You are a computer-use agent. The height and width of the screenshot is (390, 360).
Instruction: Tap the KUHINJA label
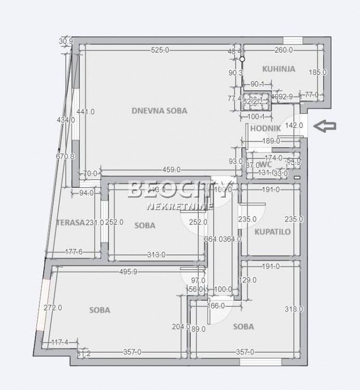[x=278, y=69]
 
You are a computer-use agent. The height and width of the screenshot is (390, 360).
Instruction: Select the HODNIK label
[x=262, y=128]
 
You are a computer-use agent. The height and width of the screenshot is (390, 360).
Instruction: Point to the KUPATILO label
[x=272, y=232]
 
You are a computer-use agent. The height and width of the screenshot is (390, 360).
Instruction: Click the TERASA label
[x=70, y=222]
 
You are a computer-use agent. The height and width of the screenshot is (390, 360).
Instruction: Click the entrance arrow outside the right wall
[x=327, y=126]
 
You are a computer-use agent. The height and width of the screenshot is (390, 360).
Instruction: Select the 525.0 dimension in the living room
[x=160, y=50]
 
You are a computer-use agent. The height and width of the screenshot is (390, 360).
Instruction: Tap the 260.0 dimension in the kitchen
[x=284, y=50]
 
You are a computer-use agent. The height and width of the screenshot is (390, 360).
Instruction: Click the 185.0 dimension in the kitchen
[x=317, y=73]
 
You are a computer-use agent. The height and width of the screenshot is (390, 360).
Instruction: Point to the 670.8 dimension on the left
[x=66, y=156]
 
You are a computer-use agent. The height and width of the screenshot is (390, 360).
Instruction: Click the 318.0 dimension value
[x=294, y=309]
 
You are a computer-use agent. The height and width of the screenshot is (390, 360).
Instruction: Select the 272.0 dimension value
[x=53, y=307]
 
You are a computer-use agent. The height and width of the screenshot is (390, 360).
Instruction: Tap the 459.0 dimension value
[x=172, y=170]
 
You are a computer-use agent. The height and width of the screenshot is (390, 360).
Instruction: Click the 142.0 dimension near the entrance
[x=294, y=125]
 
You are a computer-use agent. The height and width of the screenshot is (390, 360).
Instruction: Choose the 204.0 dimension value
[x=180, y=327]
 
